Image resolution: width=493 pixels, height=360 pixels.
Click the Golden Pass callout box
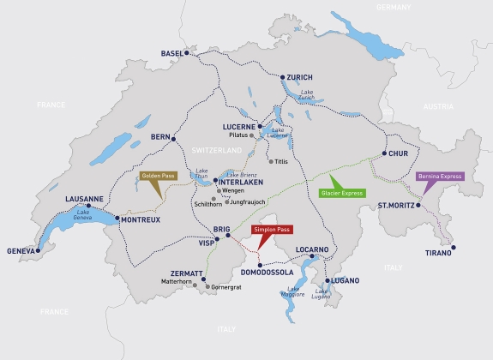pyautogui.click(x=157, y=176)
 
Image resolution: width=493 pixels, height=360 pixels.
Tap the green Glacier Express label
pyautogui.click(x=342, y=193)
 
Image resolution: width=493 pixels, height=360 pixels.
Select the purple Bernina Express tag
pyautogui.click(x=440, y=176)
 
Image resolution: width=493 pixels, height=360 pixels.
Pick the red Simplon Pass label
pyautogui.click(x=272, y=231)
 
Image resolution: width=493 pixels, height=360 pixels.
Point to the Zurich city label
pyautogui.click(x=299, y=77)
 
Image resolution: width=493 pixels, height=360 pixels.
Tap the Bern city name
pyautogui.click(x=160, y=136)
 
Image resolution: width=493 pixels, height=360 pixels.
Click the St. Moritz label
pyautogui.click(x=395, y=206)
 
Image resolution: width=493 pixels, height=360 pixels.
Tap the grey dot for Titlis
pyautogui.click(x=271, y=161)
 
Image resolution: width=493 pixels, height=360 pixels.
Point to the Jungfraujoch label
pyautogui.click(x=247, y=201)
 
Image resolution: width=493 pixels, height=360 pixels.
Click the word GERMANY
pyautogui.click(x=394, y=7)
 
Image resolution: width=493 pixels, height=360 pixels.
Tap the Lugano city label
pyautogui.click(x=343, y=280)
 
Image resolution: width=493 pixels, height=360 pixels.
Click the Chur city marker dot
pyautogui.click(x=385, y=153)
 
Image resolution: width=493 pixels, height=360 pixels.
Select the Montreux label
pyautogui.click(x=140, y=219)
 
